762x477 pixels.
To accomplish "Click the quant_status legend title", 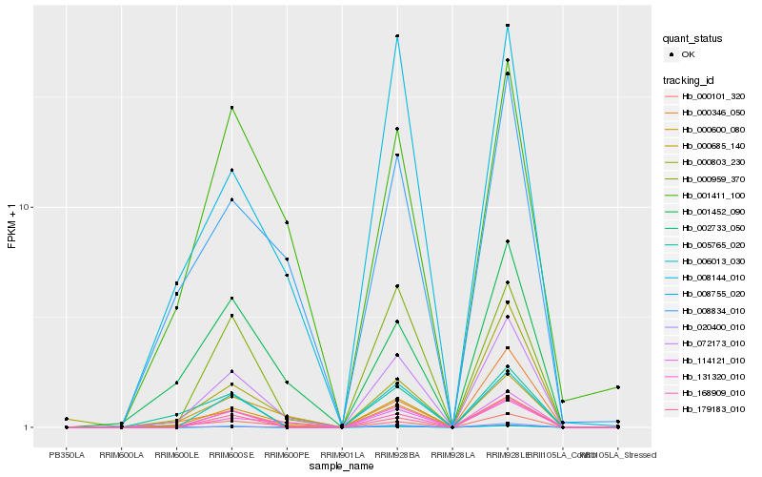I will click(x=692, y=39).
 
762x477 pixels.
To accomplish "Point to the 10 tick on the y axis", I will click(x=26, y=208).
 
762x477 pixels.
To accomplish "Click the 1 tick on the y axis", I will click(x=29, y=427).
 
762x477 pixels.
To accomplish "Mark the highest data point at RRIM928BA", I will click(x=397, y=36).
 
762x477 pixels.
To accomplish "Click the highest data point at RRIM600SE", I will click(x=231, y=108).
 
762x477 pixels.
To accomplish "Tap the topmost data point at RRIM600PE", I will click(x=287, y=222).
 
